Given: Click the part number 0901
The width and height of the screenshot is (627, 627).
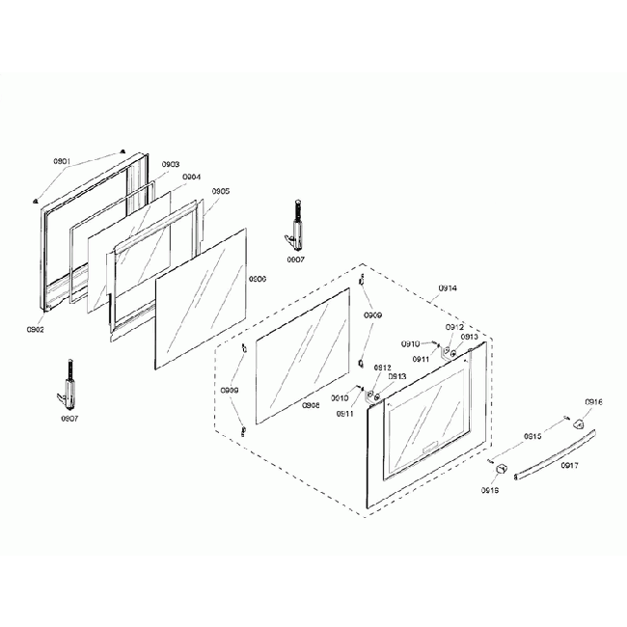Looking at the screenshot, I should [63, 161].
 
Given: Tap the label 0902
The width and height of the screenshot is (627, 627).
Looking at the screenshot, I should [36, 330].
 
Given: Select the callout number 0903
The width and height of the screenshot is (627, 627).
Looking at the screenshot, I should [171, 164].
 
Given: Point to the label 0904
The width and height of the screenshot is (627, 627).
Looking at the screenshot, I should [192, 177].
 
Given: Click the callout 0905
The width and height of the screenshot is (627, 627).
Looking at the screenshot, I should [220, 191].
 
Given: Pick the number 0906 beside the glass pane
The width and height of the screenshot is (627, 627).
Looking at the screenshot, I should [258, 278].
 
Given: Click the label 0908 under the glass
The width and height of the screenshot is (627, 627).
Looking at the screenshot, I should [311, 405].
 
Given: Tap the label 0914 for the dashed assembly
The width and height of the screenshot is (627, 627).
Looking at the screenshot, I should [448, 288].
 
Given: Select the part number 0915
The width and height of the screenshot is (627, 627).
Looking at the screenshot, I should [532, 437].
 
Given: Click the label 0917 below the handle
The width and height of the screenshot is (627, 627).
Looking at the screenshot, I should [569, 466].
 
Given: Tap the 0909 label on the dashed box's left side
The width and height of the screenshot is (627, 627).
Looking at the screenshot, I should [230, 391].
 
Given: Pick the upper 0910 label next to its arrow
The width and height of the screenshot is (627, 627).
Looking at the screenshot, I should [410, 343].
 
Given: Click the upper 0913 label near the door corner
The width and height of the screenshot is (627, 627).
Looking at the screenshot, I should [470, 337].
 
